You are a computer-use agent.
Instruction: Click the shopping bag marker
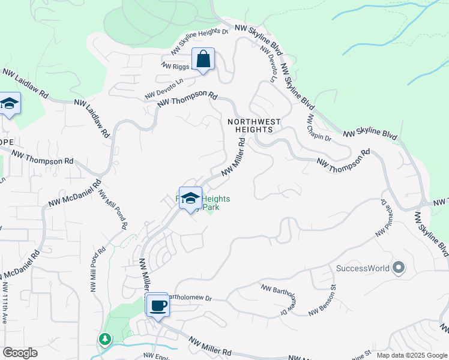point(203,60)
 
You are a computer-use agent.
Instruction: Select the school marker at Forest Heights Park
point(190,199)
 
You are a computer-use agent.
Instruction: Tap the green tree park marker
point(106,340)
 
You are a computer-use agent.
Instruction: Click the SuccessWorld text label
point(362,268)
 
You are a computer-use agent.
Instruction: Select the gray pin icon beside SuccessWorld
point(398,268)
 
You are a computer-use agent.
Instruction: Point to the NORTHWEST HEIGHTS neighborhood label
point(254,125)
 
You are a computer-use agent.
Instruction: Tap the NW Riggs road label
point(175,66)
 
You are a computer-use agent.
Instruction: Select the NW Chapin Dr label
point(319,127)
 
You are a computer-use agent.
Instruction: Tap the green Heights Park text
point(215,203)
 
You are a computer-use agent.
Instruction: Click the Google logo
point(20,353)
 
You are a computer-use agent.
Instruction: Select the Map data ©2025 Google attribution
point(412,355)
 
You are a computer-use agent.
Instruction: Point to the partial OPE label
point(7,142)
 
